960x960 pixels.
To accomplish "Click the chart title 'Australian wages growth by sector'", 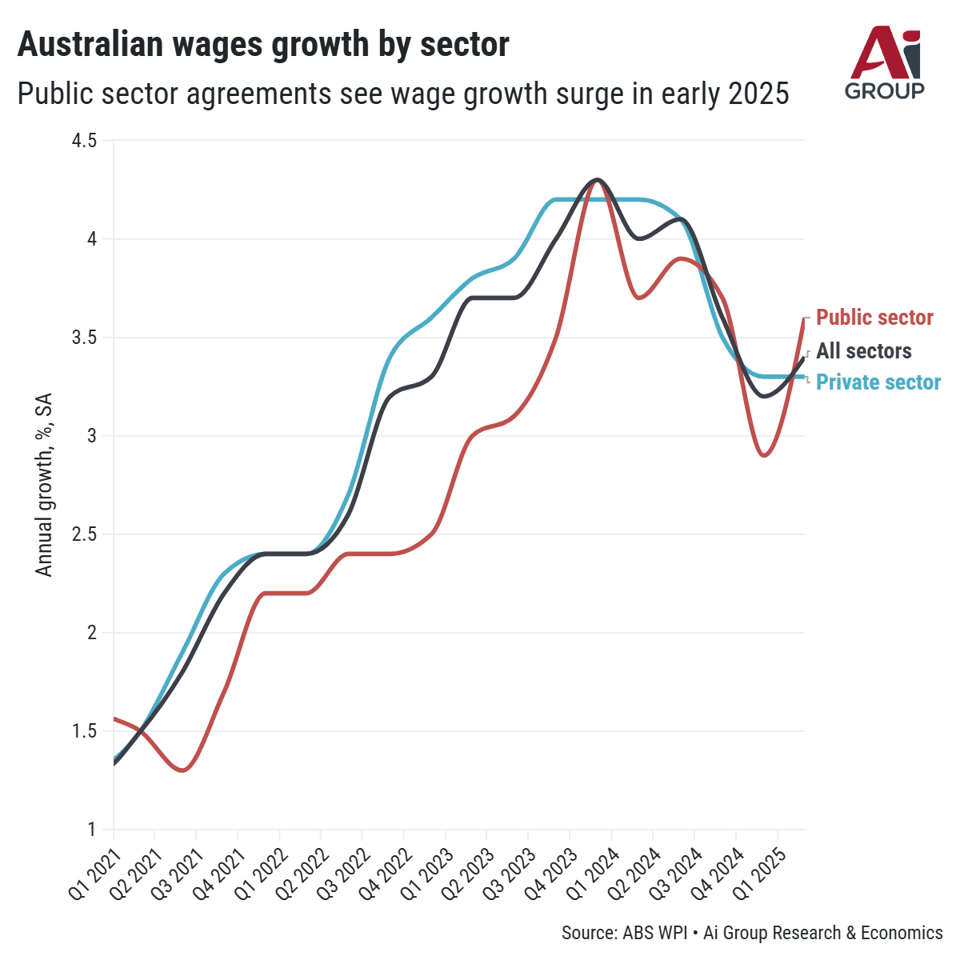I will click(x=263, y=45).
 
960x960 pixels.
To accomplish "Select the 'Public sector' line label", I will click(x=874, y=318).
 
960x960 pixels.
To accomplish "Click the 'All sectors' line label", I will click(x=864, y=351).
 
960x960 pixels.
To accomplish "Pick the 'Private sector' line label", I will click(x=878, y=382).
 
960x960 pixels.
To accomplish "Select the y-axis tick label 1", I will click(x=91, y=830).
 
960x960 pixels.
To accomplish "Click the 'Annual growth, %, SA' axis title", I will click(x=45, y=484).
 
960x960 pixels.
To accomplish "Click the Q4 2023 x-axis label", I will click(x=552, y=868).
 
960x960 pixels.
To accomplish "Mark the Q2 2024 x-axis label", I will click(x=635, y=868).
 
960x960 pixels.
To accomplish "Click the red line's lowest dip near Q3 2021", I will click(x=184, y=770).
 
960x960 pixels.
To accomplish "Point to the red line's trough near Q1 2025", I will click(x=765, y=455).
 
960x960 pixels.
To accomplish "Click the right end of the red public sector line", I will click(x=803, y=319).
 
